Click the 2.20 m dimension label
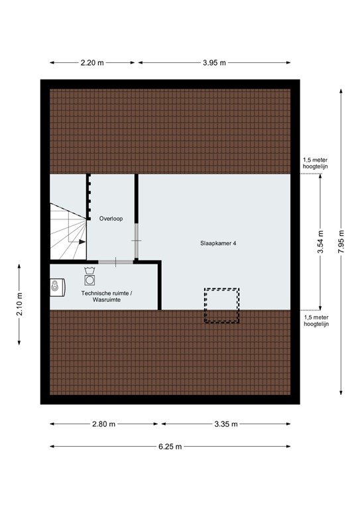92,63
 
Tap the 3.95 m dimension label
214,63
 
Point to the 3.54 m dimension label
320,243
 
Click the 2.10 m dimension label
19,304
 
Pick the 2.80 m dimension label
103,424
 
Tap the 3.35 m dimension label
225,424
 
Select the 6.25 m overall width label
170,447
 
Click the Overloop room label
111,217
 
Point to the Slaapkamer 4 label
218,243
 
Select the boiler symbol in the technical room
56,286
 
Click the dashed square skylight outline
221,305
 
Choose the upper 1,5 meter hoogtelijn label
315,163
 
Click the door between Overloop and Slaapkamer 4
137,240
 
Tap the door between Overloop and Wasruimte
116,262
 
